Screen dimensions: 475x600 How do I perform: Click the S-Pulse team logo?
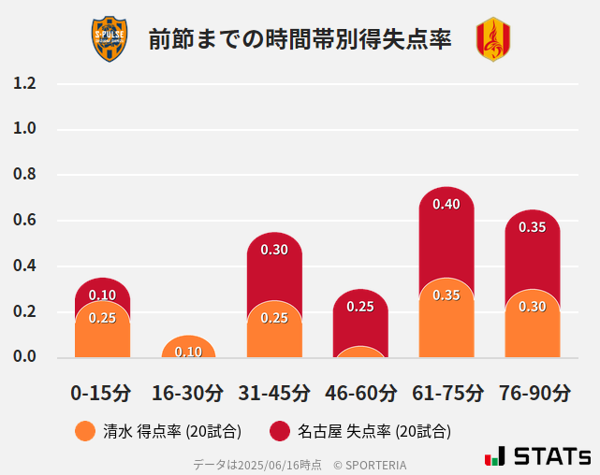click(x=109, y=39)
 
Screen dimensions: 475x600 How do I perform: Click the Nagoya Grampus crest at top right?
click(x=493, y=39)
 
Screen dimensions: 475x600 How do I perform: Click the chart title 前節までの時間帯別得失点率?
click(x=300, y=39)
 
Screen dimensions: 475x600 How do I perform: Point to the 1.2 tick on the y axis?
click(x=24, y=83)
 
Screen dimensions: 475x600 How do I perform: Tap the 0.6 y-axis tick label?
click(x=24, y=221)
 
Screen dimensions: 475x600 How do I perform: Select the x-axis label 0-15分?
click(x=101, y=393)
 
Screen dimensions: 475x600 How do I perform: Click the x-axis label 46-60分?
click(x=360, y=393)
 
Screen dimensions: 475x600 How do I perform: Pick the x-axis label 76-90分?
click(x=533, y=393)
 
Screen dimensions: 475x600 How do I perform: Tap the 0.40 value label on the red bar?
click(x=446, y=205)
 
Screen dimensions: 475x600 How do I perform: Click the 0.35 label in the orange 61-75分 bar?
click(x=446, y=295)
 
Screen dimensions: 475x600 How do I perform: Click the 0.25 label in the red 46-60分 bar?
click(x=360, y=307)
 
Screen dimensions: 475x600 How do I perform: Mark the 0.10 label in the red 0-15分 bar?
click(x=102, y=295)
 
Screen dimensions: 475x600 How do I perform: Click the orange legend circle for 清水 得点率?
click(x=85, y=431)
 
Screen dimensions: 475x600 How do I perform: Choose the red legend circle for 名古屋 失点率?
click(x=279, y=431)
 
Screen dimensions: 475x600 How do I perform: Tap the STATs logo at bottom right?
click(x=537, y=456)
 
